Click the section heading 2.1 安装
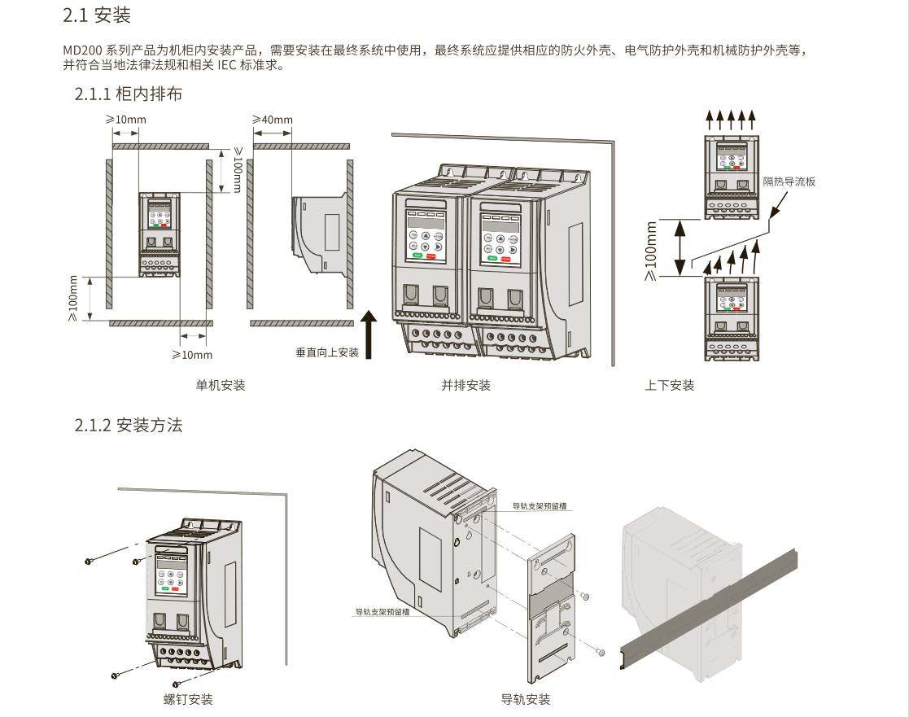point(97,15)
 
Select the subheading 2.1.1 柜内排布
point(129,94)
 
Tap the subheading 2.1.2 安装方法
point(129,425)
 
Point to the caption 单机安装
point(221,385)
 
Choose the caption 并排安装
point(466,385)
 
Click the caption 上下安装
point(670,385)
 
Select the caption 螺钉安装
point(188,699)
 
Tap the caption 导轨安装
point(526,699)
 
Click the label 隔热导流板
point(789,181)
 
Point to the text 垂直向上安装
point(327,352)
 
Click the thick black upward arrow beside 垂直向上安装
point(369,334)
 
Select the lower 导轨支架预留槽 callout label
point(382,610)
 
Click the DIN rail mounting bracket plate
point(553,606)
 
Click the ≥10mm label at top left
point(126,120)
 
